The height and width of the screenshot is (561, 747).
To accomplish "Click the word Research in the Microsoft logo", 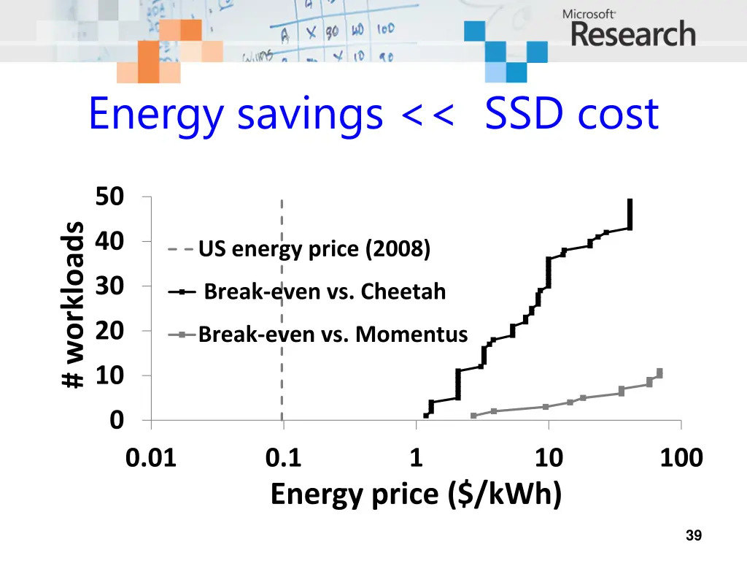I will [x=632, y=34].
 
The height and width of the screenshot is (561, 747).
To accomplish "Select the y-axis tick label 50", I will [x=109, y=196].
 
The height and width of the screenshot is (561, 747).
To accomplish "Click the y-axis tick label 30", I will [x=109, y=286].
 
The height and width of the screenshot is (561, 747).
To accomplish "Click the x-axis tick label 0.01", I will [x=150, y=459].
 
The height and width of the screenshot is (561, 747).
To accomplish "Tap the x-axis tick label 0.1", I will [x=283, y=459].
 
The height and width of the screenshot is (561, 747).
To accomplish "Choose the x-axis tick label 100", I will [x=680, y=459].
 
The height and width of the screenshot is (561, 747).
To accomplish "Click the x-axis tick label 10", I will [x=548, y=459].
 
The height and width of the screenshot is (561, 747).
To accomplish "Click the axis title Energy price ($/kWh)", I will [x=416, y=495].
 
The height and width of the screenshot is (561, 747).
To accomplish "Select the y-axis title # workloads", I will [x=72, y=305].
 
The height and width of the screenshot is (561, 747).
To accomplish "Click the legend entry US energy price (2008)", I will [x=314, y=250].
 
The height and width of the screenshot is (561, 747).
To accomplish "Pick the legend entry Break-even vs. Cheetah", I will [x=325, y=292].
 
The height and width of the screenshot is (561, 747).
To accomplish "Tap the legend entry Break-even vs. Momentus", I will [x=333, y=335].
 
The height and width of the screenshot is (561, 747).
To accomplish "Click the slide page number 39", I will [x=694, y=536].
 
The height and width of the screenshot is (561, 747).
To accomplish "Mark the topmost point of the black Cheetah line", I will [x=630, y=201].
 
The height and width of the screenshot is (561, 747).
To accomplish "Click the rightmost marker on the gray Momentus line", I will [x=659, y=373].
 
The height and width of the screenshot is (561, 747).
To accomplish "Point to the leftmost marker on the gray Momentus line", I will [x=473, y=416].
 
